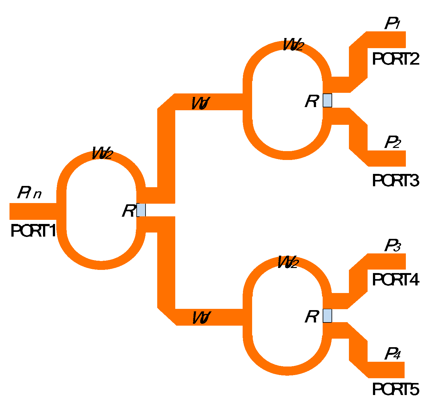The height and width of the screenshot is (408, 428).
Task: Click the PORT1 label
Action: point(33,231)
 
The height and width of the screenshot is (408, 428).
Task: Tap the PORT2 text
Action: point(395,59)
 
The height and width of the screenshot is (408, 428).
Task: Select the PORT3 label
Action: point(395,181)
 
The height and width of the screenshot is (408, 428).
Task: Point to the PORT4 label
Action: point(395,280)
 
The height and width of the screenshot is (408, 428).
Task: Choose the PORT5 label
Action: point(395,389)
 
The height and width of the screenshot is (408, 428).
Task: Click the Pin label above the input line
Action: point(29,193)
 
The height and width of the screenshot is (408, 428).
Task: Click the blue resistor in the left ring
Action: point(141,210)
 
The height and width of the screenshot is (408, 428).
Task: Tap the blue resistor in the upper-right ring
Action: point(327,100)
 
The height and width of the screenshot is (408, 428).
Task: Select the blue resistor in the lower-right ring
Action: point(327,316)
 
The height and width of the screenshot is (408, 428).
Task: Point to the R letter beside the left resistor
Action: point(128,211)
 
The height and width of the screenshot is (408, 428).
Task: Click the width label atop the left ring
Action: point(102,153)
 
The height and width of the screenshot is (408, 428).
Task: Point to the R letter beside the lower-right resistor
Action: point(312,317)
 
